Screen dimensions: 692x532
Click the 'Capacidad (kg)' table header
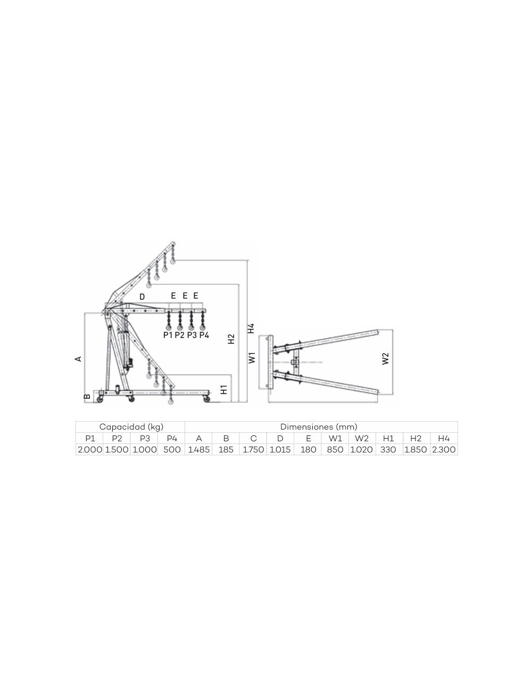tap(131, 427)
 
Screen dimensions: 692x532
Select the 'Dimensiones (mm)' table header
tap(319, 427)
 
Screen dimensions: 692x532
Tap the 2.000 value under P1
tap(90, 449)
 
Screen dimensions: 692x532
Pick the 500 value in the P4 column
tap(171, 449)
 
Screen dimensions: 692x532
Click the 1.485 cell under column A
tap(198, 449)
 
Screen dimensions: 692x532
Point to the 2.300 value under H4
tap(444, 449)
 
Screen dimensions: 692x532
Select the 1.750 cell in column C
tap(253, 449)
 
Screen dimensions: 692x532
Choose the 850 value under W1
tap(335, 449)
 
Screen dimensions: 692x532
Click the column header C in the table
tap(253, 438)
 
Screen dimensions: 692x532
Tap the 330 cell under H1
tap(388, 449)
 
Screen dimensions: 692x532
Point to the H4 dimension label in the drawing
tap(251, 328)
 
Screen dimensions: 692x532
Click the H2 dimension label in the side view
tap(231, 339)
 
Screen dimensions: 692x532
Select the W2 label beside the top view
tap(386, 358)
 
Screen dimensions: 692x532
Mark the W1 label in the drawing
tap(252, 357)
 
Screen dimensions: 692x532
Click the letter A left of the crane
tap(78, 359)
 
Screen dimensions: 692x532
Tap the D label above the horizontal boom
tap(142, 296)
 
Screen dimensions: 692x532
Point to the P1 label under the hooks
tap(168, 335)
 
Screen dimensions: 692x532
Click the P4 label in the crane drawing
tap(204, 335)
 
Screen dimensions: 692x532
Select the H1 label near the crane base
tap(224, 390)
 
